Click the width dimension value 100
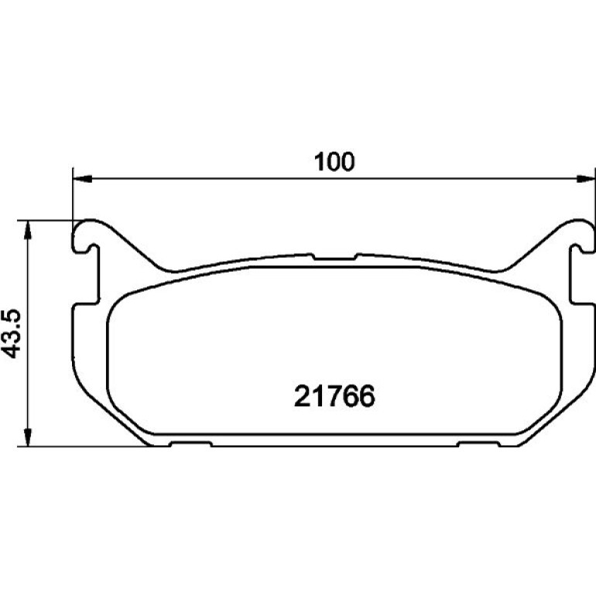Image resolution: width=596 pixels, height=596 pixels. tap(334, 162)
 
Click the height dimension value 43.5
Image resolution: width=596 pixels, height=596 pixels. tap(11, 334)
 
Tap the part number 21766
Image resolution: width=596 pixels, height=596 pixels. tap(334, 396)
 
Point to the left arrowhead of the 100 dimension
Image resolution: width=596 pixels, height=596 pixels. tap(82, 179)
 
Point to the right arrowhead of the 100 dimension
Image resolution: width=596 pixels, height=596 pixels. tap(586, 179)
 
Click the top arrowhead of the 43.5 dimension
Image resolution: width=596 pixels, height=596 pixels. tap(27, 230)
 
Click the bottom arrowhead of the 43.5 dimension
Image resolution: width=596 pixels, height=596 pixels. tap(27, 437)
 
